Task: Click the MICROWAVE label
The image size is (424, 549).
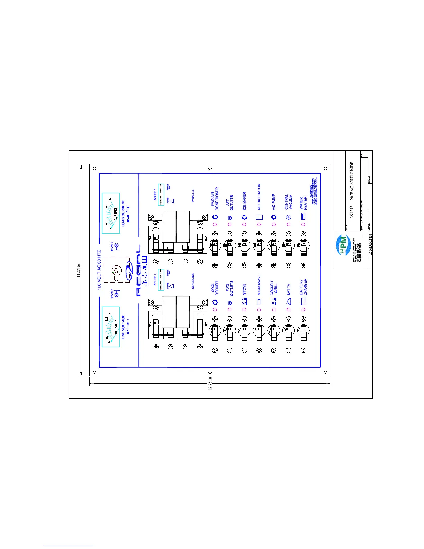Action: point(259,285)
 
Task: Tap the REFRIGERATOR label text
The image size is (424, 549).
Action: point(259,197)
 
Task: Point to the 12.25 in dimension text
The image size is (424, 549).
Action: point(210,384)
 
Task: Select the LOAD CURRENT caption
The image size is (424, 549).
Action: point(123,213)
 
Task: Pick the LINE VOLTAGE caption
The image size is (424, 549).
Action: point(123,327)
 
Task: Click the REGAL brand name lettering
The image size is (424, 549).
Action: point(139,270)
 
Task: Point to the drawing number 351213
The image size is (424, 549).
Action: point(352,211)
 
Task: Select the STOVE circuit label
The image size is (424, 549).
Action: point(244,289)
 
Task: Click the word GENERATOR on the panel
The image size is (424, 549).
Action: point(193,281)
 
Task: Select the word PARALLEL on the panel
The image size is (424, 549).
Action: point(193,196)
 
